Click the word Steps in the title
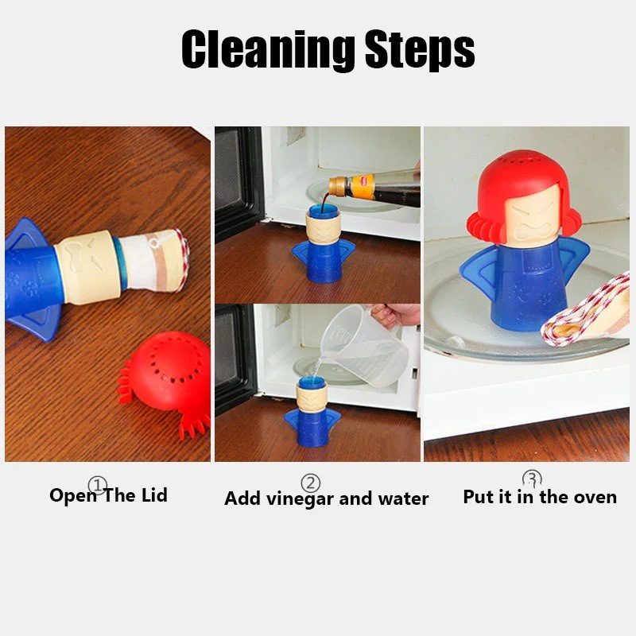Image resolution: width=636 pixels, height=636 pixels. (x=420, y=51)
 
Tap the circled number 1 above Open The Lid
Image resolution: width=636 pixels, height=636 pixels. (x=97, y=484)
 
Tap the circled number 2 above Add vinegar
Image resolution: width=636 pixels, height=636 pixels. (x=310, y=483)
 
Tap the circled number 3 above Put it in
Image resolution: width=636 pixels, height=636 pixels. (x=532, y=479)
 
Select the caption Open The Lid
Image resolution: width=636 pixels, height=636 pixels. (x=108, y=495)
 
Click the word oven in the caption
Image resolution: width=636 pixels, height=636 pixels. (x=594, y=497)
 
